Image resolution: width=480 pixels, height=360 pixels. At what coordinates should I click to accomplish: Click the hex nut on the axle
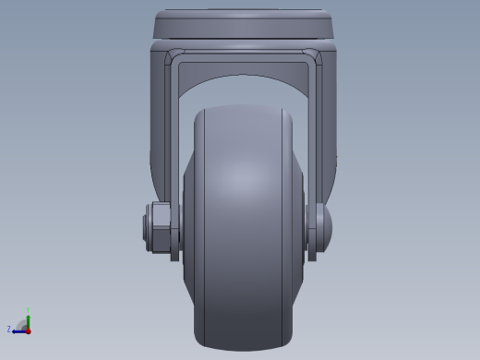click(x=160, y=230)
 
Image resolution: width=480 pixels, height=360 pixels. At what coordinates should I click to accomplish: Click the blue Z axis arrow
click(x=18, y=330)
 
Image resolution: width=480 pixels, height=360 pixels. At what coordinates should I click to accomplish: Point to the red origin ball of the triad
click(x=28, y=330)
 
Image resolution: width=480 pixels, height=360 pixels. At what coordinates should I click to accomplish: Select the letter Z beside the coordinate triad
click(x=9, y=329)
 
